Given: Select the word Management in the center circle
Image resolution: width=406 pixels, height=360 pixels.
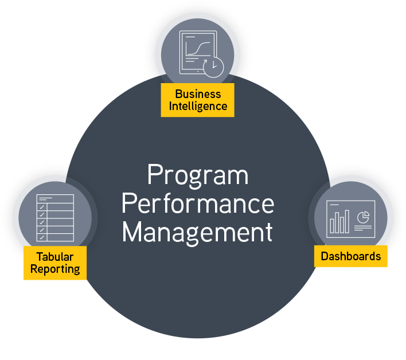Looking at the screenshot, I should pos(198,233).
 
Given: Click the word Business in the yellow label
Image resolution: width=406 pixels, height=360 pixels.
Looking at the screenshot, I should pos(197,94).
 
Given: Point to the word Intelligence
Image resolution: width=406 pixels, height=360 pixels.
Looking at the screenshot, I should pos(197,106).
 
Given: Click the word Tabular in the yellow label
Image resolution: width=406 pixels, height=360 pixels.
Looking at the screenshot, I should pos(55,256).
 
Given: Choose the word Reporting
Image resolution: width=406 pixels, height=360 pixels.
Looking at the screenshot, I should pos(55,269).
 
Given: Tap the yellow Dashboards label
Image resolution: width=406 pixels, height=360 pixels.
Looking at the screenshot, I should pos(350,256).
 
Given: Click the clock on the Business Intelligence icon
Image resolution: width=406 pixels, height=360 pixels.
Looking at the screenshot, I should pos(214,67).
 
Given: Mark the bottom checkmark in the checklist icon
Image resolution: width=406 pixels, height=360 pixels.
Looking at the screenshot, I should pos(42,237).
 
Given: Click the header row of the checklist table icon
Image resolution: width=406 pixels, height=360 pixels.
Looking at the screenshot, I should pos(55,198).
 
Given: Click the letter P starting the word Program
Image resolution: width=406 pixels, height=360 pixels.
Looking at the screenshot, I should pos(153,175).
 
